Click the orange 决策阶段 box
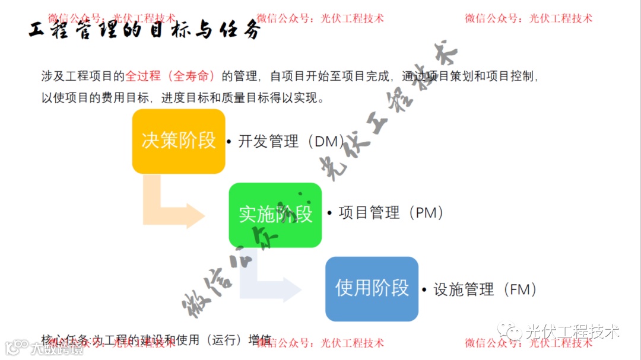178,141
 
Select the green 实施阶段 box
275,214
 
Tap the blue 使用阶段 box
372,288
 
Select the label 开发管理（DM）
291,142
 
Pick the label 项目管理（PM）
391,213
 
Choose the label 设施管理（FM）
485,289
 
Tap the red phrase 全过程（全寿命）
170,77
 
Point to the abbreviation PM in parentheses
426,213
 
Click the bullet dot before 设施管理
424,290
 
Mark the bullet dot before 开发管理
229,142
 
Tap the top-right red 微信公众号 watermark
528,18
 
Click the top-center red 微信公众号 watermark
320,18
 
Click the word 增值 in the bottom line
260,340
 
